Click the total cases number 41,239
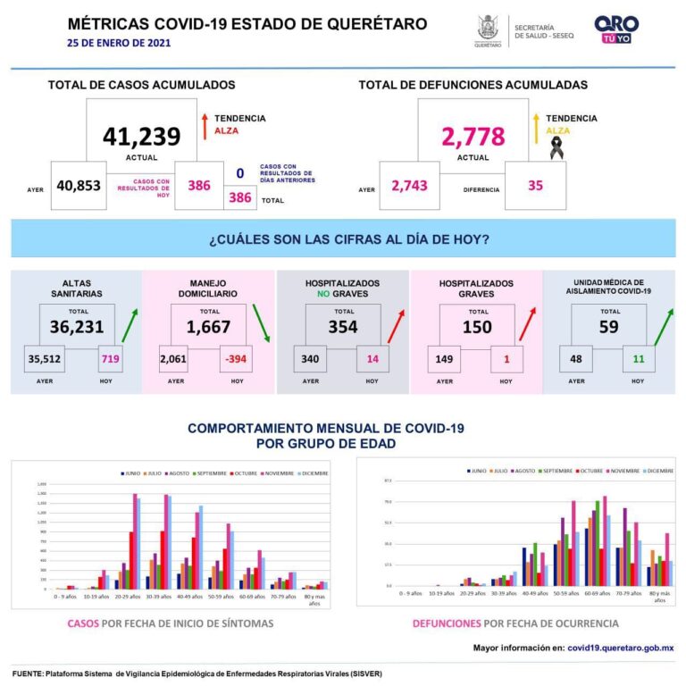pyautogui.click(x=141, y=137)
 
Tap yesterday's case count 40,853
pyautogui.click(x=79, y=186)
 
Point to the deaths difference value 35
pyautogui.click(x=535, y=186)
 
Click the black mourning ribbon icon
pyautogui.click(x=556, y=147)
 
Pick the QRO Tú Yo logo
pyautogui.click(x=616, y=29)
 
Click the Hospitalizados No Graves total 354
pyautogui.click(x=343, y=327)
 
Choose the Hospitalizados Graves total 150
pyautogui.click(x=476, y=327)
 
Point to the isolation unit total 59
pyautogui.click(x=609, y=327)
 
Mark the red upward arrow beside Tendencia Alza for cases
pyautogui.click(x=205, y=125)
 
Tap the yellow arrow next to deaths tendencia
pyautogui.click(x=536, y=125)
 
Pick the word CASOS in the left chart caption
pyautogui.click(x=84, y=623)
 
